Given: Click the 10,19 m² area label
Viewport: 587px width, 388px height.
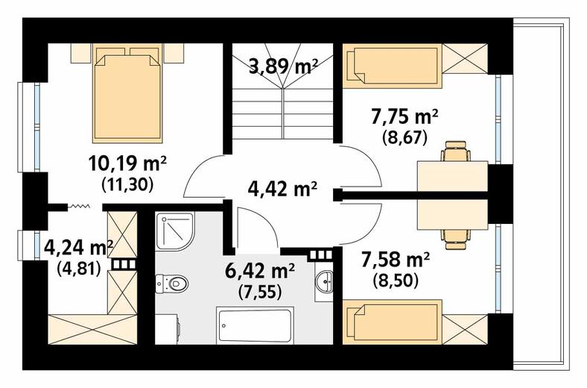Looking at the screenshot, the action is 127,164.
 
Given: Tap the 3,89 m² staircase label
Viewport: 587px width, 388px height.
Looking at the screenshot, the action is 283,67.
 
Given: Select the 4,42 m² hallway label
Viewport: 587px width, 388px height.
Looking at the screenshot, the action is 282,189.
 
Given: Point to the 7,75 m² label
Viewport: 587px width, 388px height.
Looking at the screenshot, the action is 404,117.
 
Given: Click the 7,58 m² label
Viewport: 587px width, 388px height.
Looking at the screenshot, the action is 396,260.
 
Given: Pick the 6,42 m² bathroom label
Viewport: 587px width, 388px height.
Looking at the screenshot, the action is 260,271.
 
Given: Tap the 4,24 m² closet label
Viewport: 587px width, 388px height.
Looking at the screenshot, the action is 79,248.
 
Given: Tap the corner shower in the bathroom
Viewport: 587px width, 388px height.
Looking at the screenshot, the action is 175,231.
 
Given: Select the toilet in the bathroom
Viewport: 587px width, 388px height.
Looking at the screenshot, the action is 171,283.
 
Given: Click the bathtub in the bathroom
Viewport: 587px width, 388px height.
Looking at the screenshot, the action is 255,325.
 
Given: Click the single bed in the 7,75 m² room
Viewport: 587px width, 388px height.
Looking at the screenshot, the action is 393,66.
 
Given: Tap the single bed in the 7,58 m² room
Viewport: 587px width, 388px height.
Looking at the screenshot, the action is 393,322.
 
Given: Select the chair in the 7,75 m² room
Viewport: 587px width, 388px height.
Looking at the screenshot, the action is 456,151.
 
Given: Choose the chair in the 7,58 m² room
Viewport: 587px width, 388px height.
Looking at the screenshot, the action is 456,240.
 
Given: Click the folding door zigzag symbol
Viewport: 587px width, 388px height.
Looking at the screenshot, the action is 79,206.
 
